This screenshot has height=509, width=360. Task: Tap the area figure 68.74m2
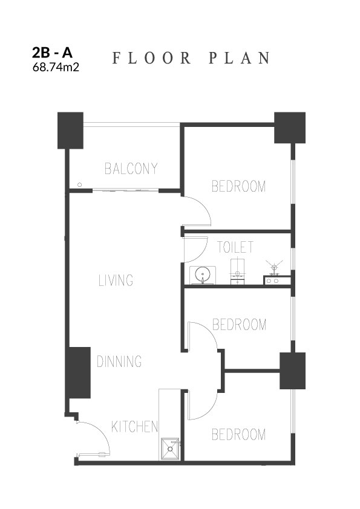[x=56, y=67]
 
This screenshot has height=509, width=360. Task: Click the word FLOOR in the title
[x=151, y=58]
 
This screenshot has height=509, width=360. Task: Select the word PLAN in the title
[x=239, y=58]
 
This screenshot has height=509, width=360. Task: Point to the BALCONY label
[x=131, y=169]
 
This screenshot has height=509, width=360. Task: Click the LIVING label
[x=116, y=280]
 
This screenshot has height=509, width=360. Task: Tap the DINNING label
[x=119, y=361]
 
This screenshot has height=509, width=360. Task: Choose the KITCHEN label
[x=134, y=427]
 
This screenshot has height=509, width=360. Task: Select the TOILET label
[x=235, y=247]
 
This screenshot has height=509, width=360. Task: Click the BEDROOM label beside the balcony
[x=239, y=186]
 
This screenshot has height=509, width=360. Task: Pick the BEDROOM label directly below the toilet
[x=239, y=324]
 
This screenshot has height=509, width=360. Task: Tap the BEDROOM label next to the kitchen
[x=239, y=434]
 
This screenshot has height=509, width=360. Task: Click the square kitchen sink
[x=170, y=449]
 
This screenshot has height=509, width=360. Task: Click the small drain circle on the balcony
[x=80, y=185]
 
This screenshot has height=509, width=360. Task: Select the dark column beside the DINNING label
[x=79, y=372]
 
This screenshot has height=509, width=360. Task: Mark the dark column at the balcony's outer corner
[x=71, y=131]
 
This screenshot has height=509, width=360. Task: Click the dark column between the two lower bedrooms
[x=292, y=371]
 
